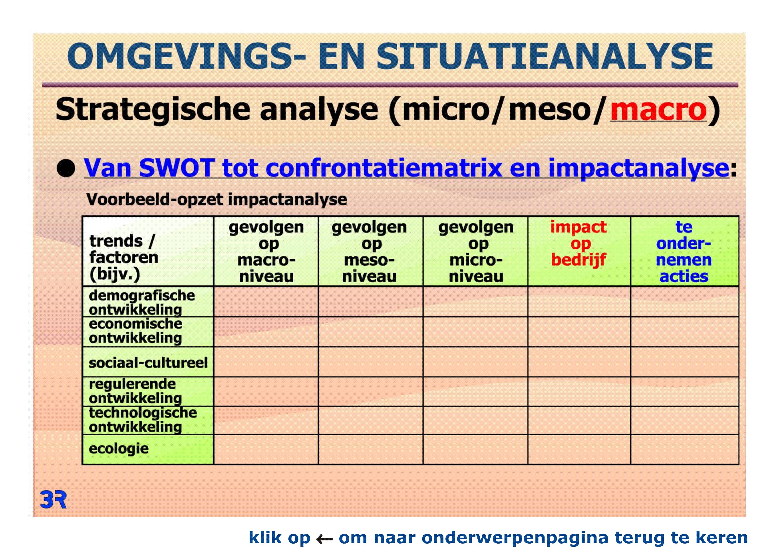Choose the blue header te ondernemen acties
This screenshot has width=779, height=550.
pyautogui.click(x=684, y=251)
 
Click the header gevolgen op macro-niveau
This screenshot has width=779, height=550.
pyautogui.click(x=266, y=251)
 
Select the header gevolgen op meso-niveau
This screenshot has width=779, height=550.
pyautogui.click(x=370, y=251)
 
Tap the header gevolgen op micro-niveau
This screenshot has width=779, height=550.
pyautogui.click(x=476, y=251)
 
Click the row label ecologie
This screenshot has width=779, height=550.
pyautogui.click(x=119, y=449)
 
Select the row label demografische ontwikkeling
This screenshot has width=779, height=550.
pyautogui.click(x=142, y=302)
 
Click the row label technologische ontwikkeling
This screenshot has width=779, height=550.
pyautogui.click(x=143, y=420)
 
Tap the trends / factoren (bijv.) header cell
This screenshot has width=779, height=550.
pyautogui.click(x=148, y=251)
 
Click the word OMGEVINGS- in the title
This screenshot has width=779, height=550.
pyautogui.click(x=186, y=56)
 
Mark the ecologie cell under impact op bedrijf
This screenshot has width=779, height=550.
pyautogui.click(x=579, y=449)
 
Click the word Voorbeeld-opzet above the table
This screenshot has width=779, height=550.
pyautogui.click(x=155, y=199)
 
